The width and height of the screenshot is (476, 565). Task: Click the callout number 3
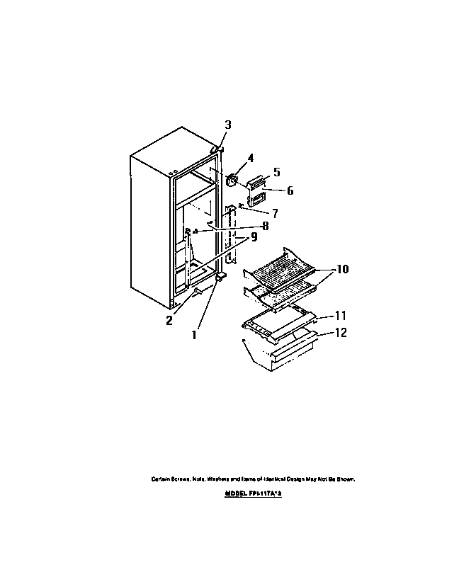(228, 125)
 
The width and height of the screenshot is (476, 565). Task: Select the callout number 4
(250, 158)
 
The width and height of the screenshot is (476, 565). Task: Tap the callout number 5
(276, 171)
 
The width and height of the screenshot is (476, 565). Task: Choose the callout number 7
(275, 212)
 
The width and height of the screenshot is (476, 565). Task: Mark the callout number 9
(254, 238)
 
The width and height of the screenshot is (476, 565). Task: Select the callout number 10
(342, 269)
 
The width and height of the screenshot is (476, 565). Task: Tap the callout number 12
(340, 332)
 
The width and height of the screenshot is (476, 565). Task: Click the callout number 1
(193, 335)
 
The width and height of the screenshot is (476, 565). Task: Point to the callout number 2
(169, 320)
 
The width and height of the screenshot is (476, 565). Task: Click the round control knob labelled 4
(232, 181)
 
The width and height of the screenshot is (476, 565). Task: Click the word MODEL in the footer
(235, 493)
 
